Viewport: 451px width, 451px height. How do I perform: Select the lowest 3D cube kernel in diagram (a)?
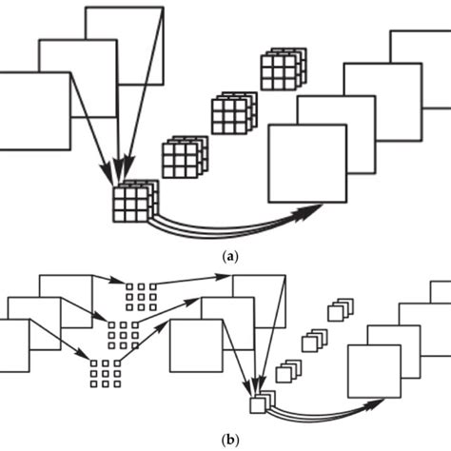(132, 201)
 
